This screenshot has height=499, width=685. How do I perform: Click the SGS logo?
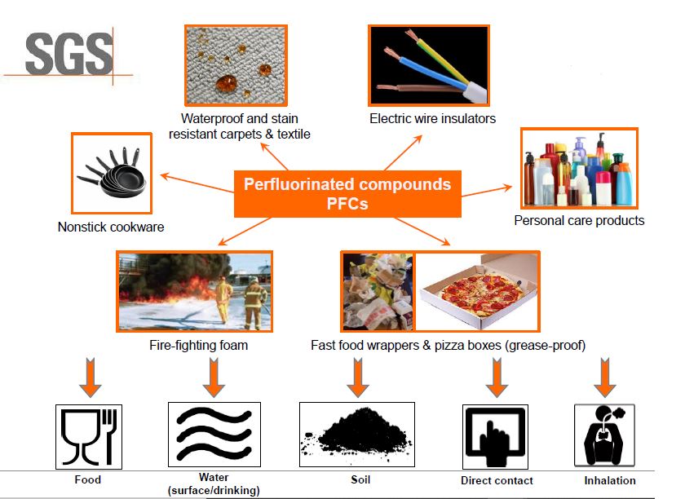[68, 55]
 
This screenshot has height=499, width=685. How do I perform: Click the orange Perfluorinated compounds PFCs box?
[347, 193]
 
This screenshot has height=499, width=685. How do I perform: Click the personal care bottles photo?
[578, 168]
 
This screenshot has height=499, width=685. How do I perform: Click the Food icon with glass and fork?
[89, 435]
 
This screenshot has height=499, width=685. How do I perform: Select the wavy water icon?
[214, 435]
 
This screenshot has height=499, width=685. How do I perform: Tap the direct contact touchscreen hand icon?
[496, 436]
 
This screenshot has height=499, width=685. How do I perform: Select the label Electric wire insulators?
[432, 118]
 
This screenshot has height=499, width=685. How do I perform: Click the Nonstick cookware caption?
[111, 227]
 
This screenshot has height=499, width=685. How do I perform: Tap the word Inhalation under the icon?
[609, 480]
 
